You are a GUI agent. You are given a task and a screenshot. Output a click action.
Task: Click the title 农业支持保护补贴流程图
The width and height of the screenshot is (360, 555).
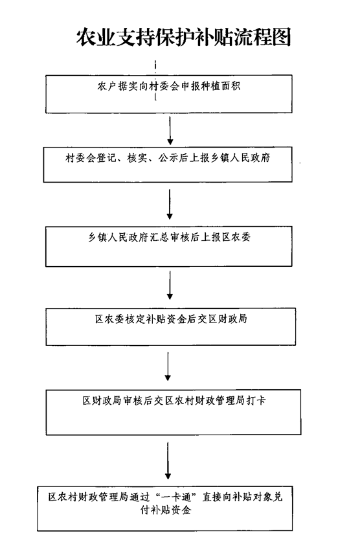coord(183,37)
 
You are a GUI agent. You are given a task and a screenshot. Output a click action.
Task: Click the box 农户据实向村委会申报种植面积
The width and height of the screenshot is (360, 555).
coord(169,94)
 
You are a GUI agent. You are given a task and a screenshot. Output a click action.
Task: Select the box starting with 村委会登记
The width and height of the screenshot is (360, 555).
coord(168,164)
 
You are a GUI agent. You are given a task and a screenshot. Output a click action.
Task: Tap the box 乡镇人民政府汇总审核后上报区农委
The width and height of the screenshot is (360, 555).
coord(169,246)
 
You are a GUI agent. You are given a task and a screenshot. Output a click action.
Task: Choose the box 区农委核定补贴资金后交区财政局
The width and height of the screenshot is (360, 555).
coord(171,326)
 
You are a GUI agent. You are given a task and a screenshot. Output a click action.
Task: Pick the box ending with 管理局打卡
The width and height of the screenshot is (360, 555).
coord(174,412)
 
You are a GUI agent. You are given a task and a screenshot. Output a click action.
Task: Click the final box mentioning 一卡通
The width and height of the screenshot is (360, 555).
coord(165,508)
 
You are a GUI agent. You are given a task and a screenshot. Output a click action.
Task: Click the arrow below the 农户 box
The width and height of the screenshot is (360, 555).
coord(170,130)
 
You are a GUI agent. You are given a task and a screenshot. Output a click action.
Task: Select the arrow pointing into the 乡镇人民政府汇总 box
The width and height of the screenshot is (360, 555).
coord(170,204)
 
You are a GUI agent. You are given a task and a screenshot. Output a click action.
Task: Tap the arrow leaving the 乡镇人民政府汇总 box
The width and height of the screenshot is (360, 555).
coord(170,286)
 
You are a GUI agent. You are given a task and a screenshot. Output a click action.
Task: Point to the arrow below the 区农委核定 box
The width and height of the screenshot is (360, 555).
coord(168,367)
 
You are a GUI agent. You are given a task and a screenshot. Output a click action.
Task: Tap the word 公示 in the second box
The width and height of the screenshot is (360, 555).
coord(168,157)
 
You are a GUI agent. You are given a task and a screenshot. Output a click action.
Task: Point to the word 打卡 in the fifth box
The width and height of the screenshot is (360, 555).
coord(256,400)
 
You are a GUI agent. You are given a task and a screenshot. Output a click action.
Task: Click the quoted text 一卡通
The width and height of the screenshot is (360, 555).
coord(176,497)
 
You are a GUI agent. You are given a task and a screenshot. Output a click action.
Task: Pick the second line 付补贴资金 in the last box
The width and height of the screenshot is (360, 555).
coord(166,510)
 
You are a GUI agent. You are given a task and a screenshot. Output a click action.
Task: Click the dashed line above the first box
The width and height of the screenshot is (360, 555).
coord(155,67)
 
